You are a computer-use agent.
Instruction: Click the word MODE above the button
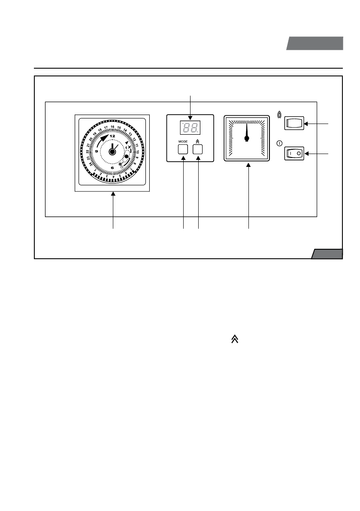point(183,141)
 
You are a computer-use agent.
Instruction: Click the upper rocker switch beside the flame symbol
point(294,124)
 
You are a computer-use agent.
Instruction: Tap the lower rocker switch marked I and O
point(294,153)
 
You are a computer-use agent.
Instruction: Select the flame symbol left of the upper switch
point(280,115)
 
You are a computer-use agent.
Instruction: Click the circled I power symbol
point(279,143)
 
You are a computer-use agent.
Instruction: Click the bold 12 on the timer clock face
point(112,136)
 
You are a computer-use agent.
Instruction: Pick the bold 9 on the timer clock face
point(97,151)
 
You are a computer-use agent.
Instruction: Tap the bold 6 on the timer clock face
point(112,168)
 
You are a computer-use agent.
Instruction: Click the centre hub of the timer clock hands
point(112,151)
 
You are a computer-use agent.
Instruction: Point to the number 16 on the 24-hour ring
point(112,127)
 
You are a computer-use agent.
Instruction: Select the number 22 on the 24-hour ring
point(88,151)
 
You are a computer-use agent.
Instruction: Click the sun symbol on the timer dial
point(121,164)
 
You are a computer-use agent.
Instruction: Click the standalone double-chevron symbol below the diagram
point(235,339)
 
